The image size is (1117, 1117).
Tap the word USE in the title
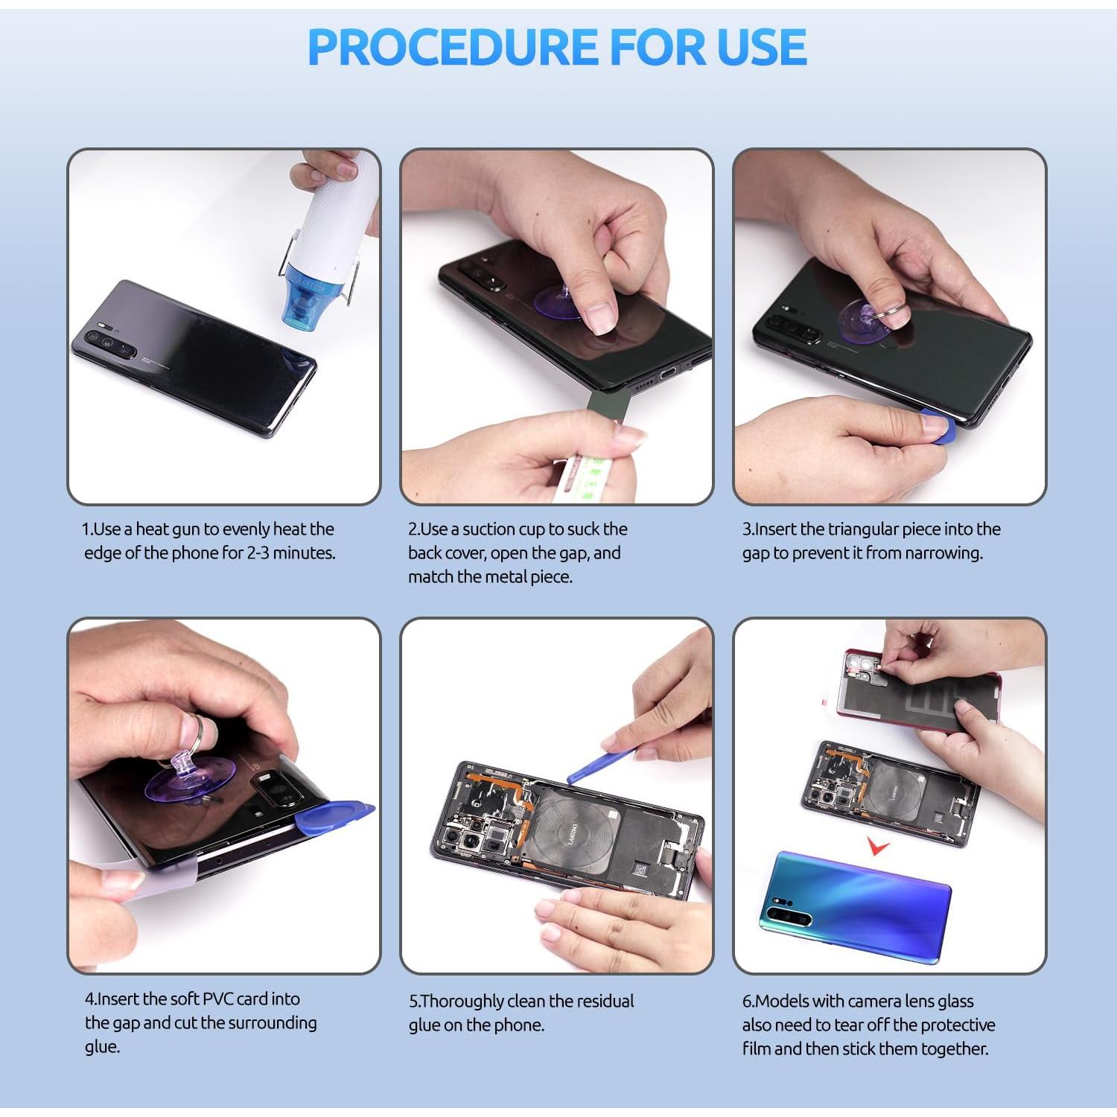pos(761,47)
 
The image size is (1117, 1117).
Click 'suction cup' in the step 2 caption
pos(503,529)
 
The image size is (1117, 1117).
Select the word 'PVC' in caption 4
pos(218,999)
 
